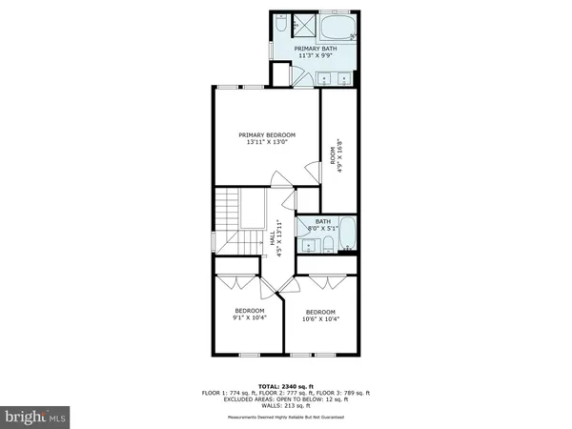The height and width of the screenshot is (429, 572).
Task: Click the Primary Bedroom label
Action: pos(267,135)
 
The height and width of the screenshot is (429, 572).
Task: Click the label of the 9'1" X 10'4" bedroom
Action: pos(251,314)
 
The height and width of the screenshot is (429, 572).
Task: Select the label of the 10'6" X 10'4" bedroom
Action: pos(320,314)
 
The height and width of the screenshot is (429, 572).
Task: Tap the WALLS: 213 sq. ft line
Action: pos(285,404)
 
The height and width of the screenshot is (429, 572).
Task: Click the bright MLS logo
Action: pos(35,416)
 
